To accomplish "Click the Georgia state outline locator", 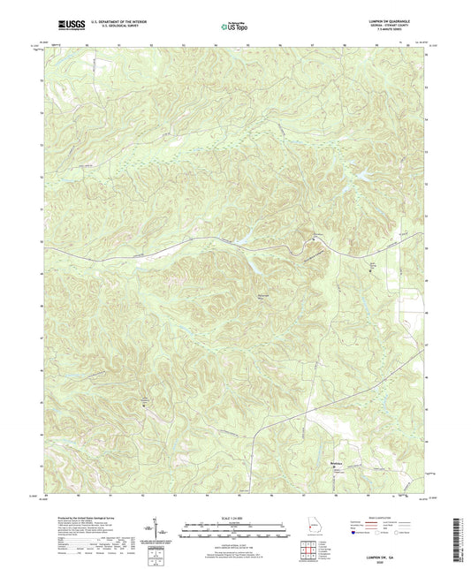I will (311, 530).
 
